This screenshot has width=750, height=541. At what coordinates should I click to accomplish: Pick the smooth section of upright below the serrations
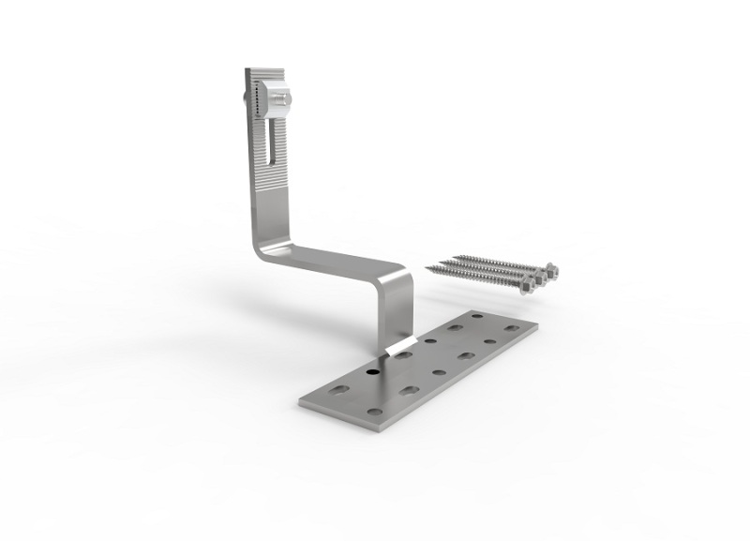pos(267,216)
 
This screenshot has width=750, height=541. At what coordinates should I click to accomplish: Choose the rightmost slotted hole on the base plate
pos(511,328)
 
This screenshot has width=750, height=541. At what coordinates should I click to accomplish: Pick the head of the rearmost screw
pos(551,271)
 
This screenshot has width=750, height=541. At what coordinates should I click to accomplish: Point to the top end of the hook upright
pos(266,72)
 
